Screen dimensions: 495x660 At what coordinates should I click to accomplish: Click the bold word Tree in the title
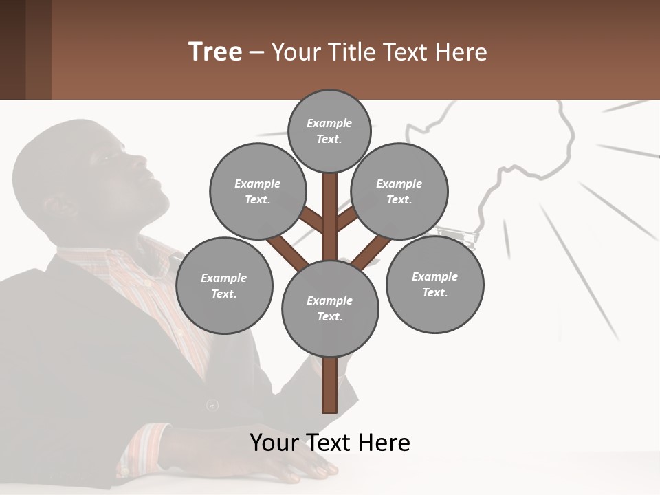[x=215, y=52]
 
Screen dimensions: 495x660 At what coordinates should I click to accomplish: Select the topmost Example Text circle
[x=329, y=131]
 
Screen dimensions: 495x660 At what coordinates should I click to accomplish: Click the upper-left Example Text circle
[x=257, y=192]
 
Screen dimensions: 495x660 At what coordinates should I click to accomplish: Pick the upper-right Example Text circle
[x=399, y=192]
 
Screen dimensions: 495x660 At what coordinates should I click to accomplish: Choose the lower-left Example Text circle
[x=223, y=285]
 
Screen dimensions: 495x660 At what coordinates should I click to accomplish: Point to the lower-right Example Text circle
[x=434, y=284]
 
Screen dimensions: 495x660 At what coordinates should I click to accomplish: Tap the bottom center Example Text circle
[x=329, y=308]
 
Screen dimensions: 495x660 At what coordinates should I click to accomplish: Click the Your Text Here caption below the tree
[x=329, y=443]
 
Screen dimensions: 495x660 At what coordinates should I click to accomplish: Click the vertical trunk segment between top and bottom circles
[x=329, y=213]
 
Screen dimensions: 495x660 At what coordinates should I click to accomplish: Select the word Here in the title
[x=461, y=52]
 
